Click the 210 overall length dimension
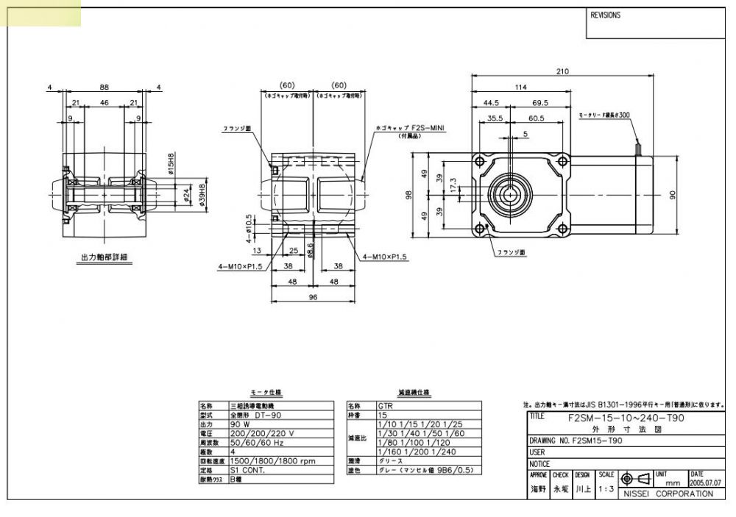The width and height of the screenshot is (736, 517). click(x=563, y=71)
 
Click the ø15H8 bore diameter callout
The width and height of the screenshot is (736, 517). click(x=169, y=164)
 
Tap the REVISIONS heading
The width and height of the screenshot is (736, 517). click(x=606, y=15)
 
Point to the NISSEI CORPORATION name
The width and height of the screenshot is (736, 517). click(x=668, y=493)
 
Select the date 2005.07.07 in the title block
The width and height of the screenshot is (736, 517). click(x=705, y=483)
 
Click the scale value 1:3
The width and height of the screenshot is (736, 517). click(x=606, y=488)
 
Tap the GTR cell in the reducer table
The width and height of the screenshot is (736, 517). click(x=385, y=406)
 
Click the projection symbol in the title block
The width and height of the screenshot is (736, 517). click(x=634, y=479)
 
